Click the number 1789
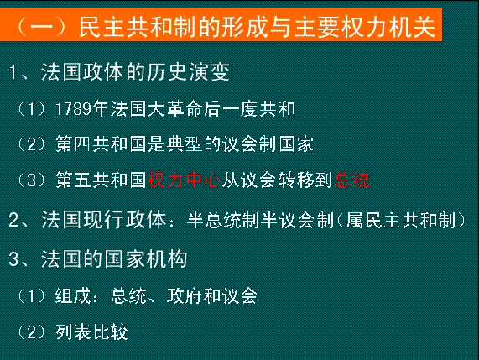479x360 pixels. [x=74, y=109]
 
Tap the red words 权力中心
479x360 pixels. [x=185, y=180]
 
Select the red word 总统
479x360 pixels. [x=352, y=180]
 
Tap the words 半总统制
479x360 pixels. [x=224, y=220]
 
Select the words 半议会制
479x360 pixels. [x=297, y=220]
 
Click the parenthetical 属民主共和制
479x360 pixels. [x=401, y=220]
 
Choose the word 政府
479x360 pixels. [x=185, y=296]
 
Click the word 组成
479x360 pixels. [x=73, y=296]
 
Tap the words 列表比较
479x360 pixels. [x=91, y=331]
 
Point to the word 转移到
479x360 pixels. [x=305, y=180]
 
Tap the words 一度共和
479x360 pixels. [x=259, y=109]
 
